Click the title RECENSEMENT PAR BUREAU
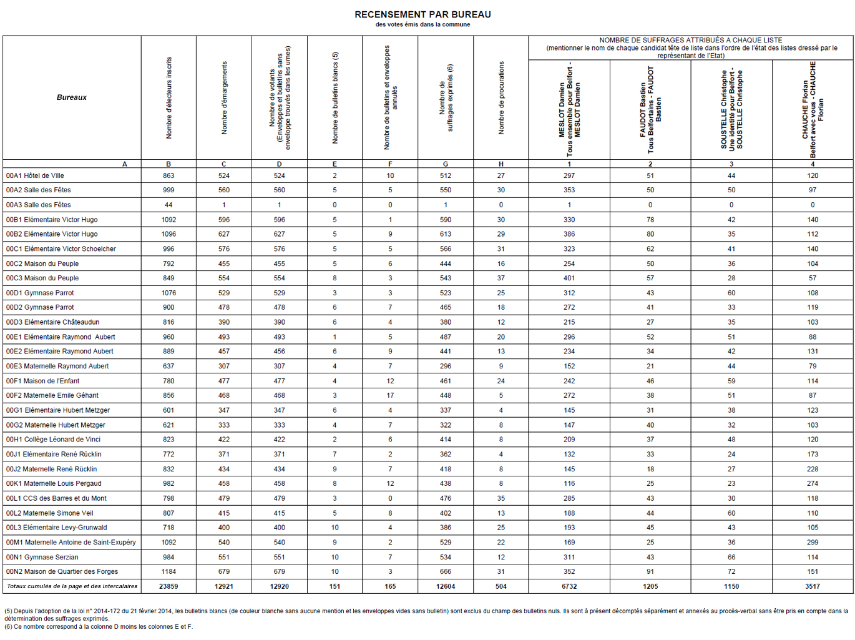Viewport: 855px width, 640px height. pos(423,14)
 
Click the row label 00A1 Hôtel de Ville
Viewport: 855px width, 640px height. pos(35,176)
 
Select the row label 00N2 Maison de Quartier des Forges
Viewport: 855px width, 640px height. pos(62,572)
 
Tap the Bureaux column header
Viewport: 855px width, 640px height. pos(72,97)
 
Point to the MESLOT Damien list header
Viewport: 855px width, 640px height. pos(569,109)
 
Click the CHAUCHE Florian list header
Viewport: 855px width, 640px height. pos(813,109)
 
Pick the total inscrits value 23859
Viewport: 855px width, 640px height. pos(169,587)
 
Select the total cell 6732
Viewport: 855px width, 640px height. pos(569,587)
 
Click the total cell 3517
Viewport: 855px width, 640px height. pos(813,587)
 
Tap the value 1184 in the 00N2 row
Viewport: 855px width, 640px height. pos(169,572)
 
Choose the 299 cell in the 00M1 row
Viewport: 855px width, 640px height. pos(813,543)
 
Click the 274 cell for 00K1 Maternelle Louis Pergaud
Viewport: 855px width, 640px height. pos(813,484)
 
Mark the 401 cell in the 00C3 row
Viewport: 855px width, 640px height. pos(569,278)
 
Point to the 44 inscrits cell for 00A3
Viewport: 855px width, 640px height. pos(169,205)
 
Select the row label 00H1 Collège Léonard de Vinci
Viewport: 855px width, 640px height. pos(53,440)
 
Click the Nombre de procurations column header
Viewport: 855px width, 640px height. pos(501,97)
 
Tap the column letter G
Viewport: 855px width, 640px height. pos(446,164)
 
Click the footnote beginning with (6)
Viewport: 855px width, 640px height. pos(99,627)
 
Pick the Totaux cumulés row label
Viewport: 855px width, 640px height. pos(72,587)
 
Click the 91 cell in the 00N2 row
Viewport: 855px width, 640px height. pos(650,572)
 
